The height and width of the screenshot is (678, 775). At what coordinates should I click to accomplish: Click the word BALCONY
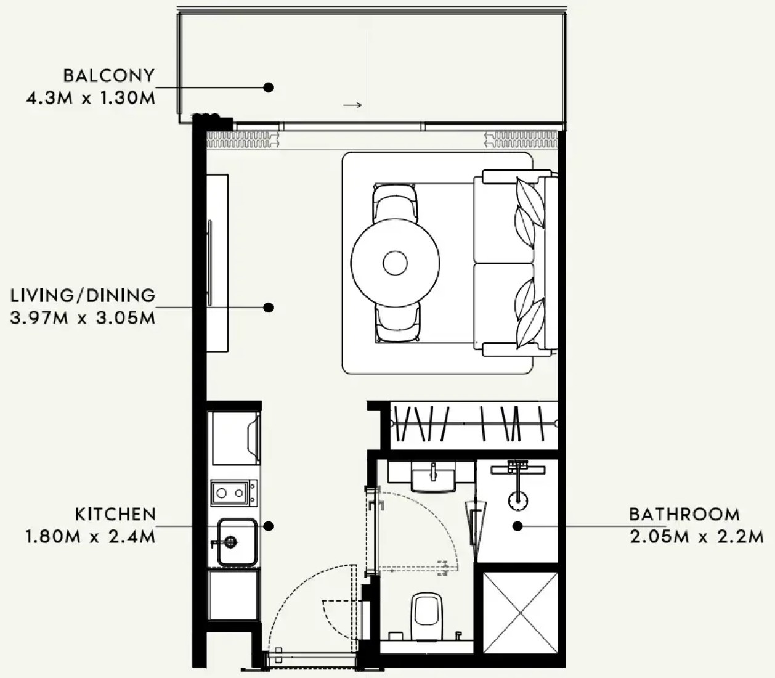(109, 75)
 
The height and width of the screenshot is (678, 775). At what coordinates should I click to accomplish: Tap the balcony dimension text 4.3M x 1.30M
(91, 98)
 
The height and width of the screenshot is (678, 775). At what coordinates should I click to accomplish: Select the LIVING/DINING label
(83, 295)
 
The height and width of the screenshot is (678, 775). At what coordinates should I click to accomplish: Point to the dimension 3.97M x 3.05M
(83, 317)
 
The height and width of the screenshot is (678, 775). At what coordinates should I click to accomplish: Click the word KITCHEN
(116, 514)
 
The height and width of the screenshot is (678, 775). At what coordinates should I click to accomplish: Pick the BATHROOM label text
(684, 514)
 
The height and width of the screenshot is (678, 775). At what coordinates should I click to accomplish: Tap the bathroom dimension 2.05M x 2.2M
(697, 537)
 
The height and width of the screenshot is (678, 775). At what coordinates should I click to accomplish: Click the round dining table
(395, 263)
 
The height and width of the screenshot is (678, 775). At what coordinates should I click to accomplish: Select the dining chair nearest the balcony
(396, 203)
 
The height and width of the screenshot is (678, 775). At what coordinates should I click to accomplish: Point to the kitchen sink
(237, 542)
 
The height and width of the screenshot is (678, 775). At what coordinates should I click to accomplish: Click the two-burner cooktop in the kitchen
(234, 492)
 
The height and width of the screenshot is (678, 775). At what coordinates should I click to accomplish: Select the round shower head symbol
(517, 500)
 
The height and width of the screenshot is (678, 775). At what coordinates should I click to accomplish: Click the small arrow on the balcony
(352, 105)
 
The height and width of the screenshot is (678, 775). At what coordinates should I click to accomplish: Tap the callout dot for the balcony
(269, 88)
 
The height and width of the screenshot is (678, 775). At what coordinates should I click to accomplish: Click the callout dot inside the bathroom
(517, 526)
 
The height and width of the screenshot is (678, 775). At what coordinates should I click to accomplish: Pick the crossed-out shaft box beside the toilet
(521, 613)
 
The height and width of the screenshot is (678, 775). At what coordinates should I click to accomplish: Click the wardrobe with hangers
(474, 425)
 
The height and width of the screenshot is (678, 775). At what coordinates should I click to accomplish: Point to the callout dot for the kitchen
(269, 526)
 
